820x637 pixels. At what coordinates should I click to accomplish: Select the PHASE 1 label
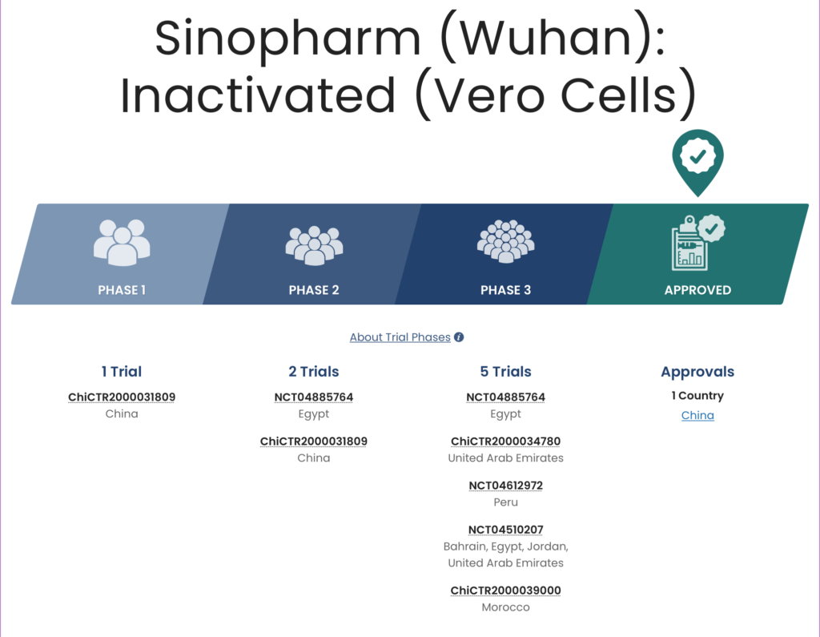(122, 290)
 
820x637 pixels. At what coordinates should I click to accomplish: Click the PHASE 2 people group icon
(314, 245)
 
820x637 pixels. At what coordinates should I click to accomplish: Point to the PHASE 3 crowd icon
(506, 241)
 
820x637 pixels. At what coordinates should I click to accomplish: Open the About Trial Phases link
(400, 337)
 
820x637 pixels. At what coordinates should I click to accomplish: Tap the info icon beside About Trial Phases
(459, 337)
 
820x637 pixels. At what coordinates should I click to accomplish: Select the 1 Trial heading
(122, 372)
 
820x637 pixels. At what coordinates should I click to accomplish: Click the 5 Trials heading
(506, 372)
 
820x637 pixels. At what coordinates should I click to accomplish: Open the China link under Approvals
(697, 415)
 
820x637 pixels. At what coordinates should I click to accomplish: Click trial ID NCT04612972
(506, 486)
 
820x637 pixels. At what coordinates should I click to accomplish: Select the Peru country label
(506, 502)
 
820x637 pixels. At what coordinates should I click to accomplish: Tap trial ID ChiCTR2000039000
(506, 591)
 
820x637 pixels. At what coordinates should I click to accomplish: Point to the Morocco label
(506, 607)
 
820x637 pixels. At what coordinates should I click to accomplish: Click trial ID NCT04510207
(506, 530)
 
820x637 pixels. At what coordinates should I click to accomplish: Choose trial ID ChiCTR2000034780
(506, 441)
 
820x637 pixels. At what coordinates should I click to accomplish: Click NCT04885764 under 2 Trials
(314, 397)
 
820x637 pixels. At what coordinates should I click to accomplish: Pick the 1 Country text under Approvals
(697, 396)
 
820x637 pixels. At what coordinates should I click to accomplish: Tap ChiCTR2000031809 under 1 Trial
(122, 397)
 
